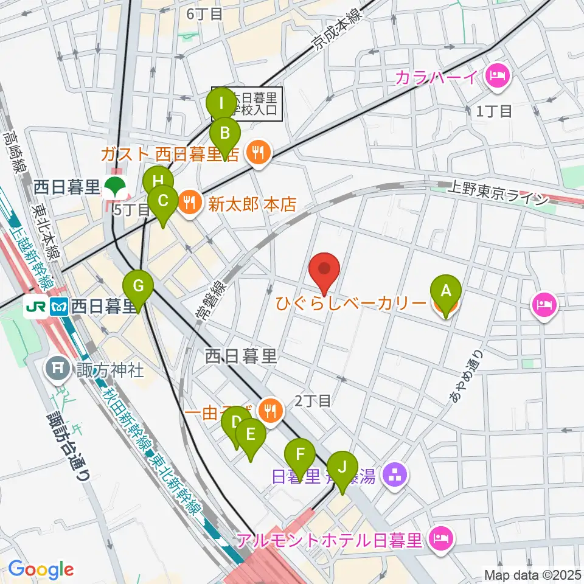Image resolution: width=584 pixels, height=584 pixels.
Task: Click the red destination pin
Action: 324,270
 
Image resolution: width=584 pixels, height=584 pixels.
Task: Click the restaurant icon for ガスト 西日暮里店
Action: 259,153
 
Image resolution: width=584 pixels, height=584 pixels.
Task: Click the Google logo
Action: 41,569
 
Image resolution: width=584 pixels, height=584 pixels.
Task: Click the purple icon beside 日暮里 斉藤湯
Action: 395,474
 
